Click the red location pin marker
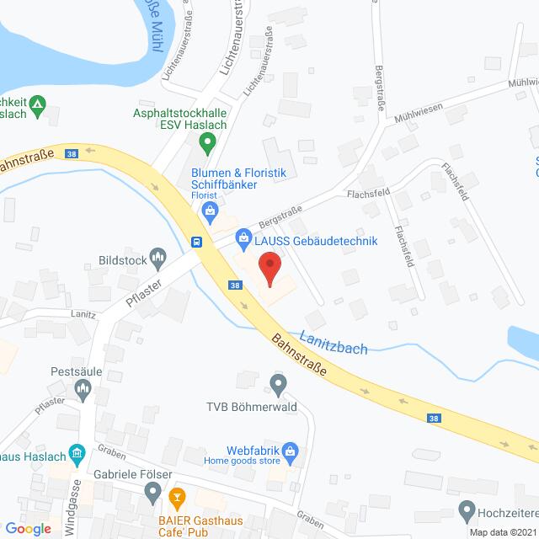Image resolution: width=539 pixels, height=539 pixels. [x=269, y=269]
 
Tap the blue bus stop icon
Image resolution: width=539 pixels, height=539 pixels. [x=196, y=242]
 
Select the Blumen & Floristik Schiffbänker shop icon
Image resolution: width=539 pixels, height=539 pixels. [x=211, y=209]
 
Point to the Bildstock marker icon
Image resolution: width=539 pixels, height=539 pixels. [x=157, y=255]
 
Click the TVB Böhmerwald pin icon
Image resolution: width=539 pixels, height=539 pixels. [x=278, y=386]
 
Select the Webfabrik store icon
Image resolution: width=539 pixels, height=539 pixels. [x=290, y=451]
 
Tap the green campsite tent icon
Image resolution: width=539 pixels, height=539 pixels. [x=36, y=105]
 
